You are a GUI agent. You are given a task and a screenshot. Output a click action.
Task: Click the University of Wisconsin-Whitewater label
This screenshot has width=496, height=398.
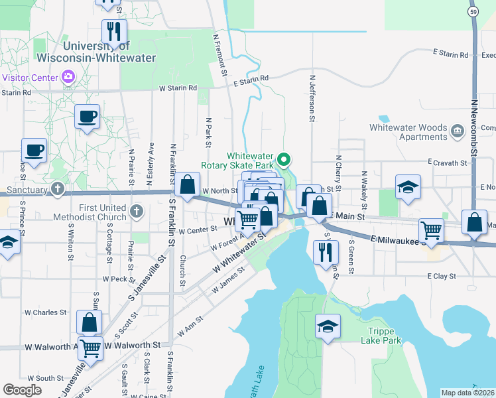(109, 52)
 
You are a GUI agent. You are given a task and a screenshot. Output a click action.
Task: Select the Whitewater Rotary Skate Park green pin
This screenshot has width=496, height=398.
(284, 159)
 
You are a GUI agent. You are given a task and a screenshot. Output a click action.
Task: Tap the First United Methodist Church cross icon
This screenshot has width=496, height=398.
(136, 212)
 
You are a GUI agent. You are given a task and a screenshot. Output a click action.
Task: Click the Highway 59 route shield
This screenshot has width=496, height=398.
(472, 11)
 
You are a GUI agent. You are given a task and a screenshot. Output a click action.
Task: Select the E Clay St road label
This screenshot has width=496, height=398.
(442, 275)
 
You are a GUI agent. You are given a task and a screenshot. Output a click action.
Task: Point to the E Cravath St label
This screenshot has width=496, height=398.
(448, 162)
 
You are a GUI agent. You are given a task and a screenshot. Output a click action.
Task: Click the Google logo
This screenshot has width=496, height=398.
(23, 390)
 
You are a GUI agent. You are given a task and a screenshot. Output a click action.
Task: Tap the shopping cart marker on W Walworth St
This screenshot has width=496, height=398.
(90, 346)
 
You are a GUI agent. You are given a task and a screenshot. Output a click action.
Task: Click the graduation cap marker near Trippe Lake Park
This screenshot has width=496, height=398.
(328, 326)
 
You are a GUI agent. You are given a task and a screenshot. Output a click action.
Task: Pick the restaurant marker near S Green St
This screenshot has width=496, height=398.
(324, 251)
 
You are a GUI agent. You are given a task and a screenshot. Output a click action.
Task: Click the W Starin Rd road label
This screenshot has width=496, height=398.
(178, 88)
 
